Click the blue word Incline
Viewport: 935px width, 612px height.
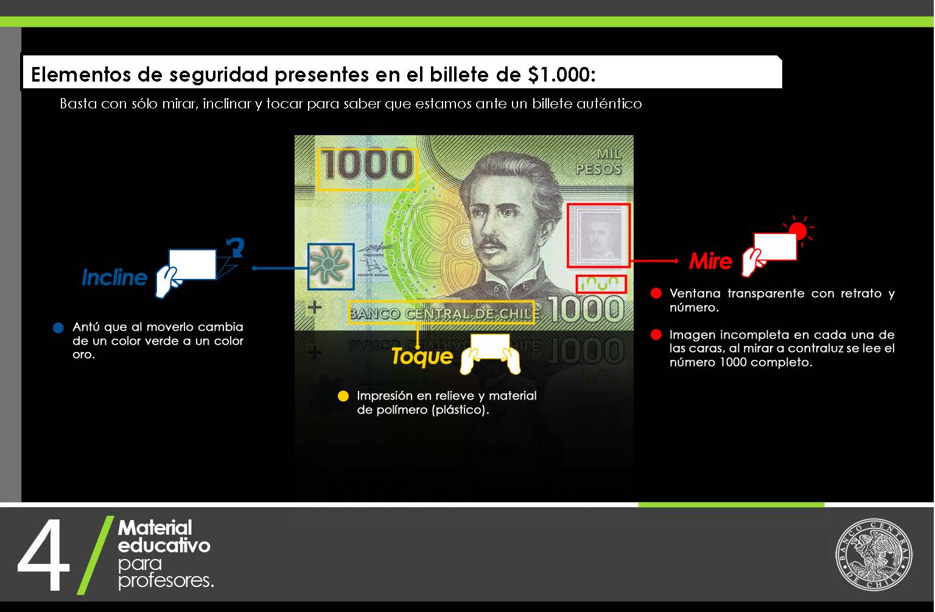pos(114,277)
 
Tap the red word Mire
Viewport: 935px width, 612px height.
pos(710,261)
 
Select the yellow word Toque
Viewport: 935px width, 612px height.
pos(422,357)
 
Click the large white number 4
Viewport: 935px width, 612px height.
pos(43,555)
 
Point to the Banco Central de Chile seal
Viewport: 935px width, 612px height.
pos(874,554)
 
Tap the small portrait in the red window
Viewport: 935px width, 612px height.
pos(598,234)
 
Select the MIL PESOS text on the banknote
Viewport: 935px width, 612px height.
pos(599,161)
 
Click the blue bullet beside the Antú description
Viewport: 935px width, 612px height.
pos(58,328)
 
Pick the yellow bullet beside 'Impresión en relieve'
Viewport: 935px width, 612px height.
pos(343,396)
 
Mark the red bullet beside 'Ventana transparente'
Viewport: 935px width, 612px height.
pos(656,293)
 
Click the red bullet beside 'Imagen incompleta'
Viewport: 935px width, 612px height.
pos(656,334)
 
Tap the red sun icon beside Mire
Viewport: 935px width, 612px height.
pos(798,230)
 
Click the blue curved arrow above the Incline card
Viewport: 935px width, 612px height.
pos(236,247)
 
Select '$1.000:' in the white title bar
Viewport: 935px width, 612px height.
pos(561,74)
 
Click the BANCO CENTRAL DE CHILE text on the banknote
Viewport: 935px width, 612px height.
pos(441,313)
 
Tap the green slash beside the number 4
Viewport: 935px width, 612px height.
pos(96,555)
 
